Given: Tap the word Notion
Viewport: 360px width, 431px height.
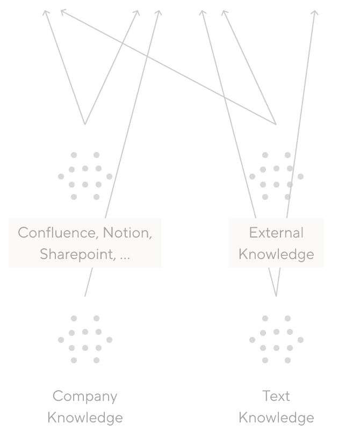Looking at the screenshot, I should click(127, 233).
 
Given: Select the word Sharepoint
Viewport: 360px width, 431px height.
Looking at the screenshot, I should click(77, 254).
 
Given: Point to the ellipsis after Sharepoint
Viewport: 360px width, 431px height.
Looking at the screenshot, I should click(125, 256).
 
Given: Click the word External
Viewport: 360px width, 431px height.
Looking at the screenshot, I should click(276, 233).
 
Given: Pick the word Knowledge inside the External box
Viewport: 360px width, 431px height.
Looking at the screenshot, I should click(276, 254).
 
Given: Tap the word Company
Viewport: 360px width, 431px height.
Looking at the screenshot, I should click(85, 397).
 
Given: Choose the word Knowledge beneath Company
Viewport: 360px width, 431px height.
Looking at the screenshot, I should click(85, 418).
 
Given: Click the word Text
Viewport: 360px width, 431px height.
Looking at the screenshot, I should click(276, 396).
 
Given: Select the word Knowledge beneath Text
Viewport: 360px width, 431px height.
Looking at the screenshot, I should click(276, 418).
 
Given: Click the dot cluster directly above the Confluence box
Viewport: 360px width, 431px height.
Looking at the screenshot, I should click(85, 176).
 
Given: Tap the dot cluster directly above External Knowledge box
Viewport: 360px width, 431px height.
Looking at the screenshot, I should click(276, 176).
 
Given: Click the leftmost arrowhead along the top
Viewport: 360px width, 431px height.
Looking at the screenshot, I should click(46, 11).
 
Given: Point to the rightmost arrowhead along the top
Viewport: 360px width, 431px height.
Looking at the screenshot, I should click(315, 11).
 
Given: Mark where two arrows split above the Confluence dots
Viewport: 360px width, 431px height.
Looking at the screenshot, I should click(85, 124).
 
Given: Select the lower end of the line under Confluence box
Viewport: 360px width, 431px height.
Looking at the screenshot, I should click(85, 296).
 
